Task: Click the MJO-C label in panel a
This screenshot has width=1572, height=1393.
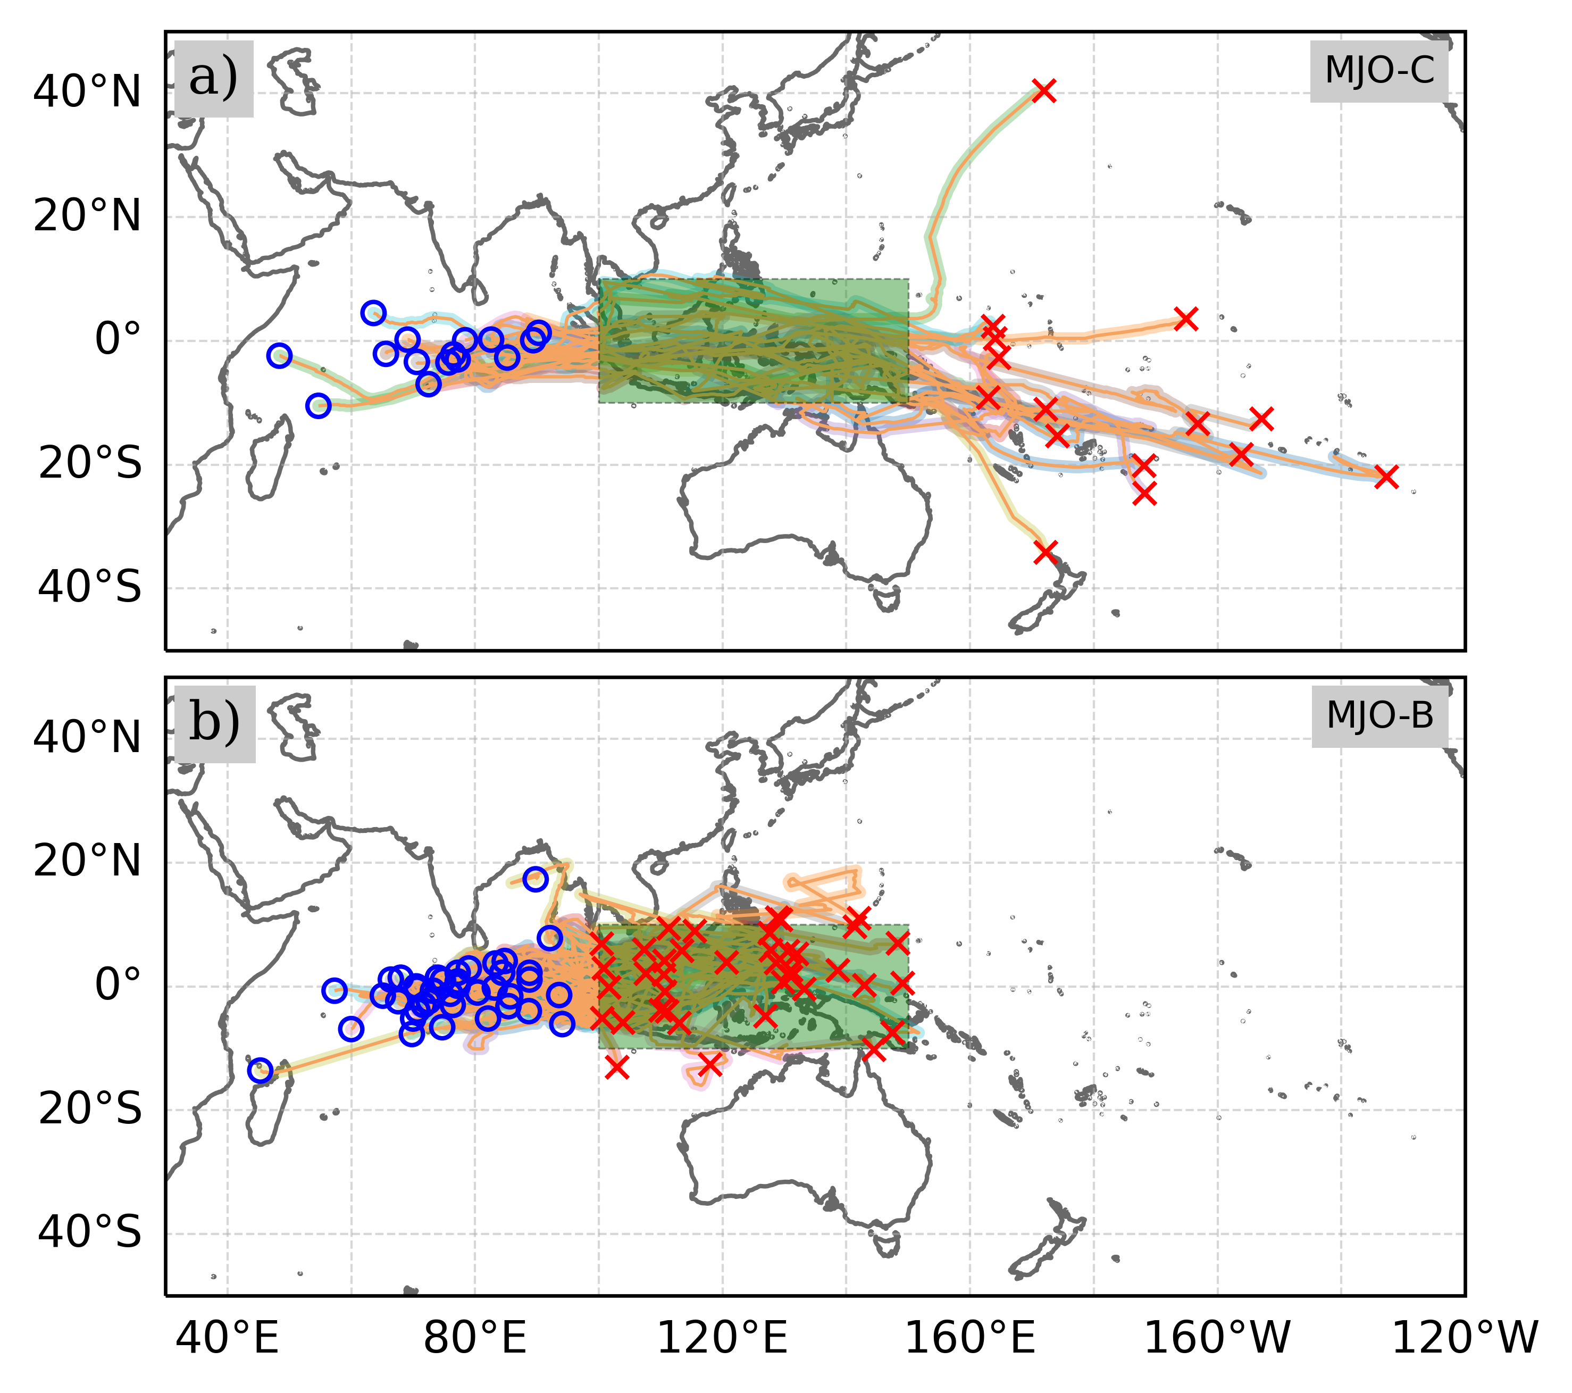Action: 1379,71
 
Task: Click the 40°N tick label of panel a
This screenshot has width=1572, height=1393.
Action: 87,93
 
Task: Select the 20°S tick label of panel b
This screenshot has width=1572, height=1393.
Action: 90,1109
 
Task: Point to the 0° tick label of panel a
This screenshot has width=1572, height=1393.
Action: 118,339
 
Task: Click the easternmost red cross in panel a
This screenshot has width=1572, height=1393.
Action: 1386,477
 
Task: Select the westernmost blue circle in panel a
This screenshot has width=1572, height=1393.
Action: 279,355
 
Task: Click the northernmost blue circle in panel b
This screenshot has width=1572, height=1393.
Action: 536,879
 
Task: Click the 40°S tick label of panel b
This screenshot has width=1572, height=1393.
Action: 90,1233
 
